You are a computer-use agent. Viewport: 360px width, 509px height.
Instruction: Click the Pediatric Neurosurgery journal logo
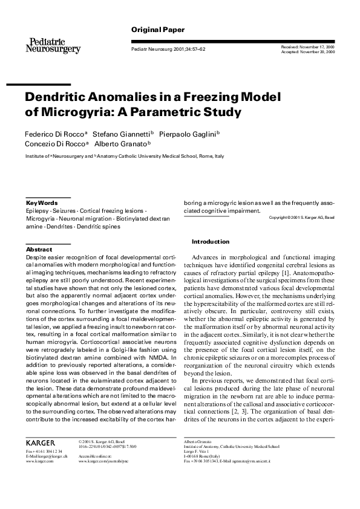53,45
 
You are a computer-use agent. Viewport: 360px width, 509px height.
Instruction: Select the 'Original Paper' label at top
158,30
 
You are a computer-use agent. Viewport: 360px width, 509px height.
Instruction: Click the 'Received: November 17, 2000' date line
308,47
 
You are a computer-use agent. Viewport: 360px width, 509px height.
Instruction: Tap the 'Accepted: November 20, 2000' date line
308,52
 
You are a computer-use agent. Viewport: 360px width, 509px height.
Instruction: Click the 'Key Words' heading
42,203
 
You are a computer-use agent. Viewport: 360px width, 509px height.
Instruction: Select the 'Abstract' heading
39,249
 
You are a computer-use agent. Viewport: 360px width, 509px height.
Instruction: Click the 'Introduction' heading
211,242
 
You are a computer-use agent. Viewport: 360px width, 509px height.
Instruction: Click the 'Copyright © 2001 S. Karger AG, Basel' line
301,217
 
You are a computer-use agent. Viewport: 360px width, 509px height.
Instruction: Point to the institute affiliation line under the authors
125,156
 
